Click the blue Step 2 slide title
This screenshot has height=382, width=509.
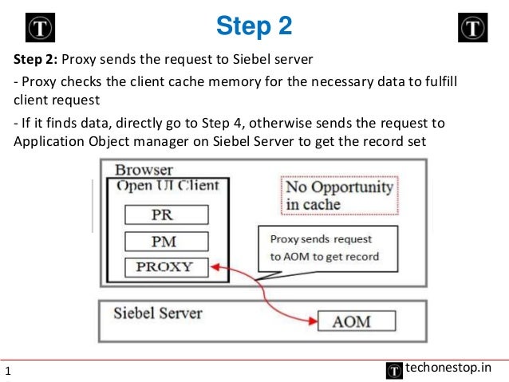[254, 26]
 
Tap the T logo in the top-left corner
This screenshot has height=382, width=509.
[40, 28]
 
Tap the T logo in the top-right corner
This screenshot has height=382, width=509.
[472, 28]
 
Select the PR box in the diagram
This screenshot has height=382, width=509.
[167, 215]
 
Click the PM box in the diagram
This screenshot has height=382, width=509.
[167, 242]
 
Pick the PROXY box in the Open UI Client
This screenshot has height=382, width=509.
[167, 267]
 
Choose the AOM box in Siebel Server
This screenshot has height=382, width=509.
[357, 321]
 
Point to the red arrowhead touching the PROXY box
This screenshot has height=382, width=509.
[215, 267]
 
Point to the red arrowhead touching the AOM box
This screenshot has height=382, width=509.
[313, 321]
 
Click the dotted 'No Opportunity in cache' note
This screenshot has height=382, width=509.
[340, 195]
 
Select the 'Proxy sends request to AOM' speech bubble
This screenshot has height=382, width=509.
[328, 249]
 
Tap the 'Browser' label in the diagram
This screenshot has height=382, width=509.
[144, 170]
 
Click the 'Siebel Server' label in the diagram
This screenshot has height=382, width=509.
[158, 313]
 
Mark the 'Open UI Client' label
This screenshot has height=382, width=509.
[168, 186]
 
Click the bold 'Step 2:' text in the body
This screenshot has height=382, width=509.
[35, 59]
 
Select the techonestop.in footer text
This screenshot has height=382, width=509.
[448, 368]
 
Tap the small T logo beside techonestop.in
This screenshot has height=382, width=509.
[394, 371]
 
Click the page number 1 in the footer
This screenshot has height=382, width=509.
[8, 371]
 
